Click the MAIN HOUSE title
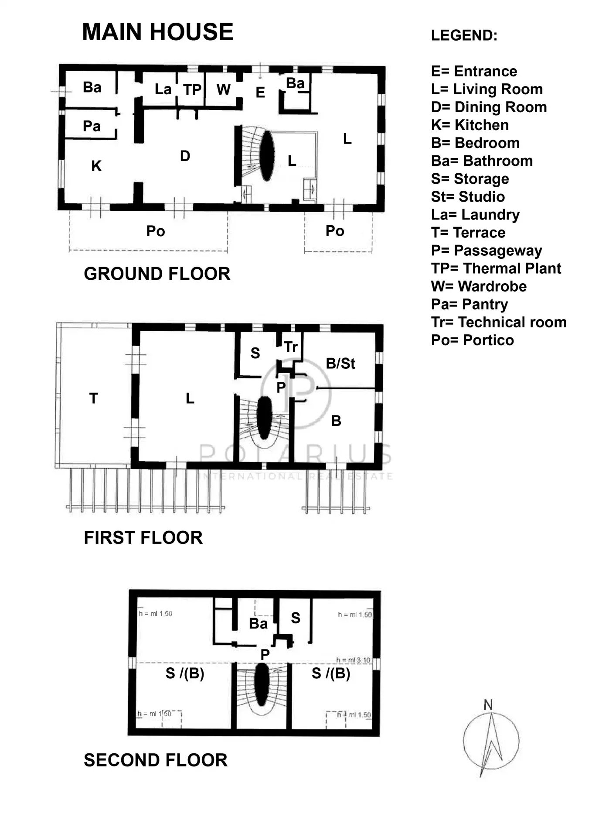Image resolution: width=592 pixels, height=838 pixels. [157, 32]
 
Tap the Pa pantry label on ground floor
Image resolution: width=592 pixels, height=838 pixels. [92, 126]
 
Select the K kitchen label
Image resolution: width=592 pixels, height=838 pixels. [96, 166]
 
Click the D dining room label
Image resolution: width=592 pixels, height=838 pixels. [185, 156]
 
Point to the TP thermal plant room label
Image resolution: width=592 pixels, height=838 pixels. [192, 89]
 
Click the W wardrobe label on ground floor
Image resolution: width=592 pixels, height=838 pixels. [223, 89]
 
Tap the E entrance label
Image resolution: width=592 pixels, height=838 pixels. [260, 93]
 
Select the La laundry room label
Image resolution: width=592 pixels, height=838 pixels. [163, 89]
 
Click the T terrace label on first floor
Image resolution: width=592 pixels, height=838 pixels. [94, 398]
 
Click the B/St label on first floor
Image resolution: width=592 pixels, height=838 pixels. [340, 363]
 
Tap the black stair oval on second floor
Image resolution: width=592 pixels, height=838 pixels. [262, 684]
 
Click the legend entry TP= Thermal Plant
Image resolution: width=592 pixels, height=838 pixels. [496, 268]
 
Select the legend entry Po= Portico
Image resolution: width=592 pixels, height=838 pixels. [472, 340]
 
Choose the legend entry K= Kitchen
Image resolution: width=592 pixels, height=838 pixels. [470, 125]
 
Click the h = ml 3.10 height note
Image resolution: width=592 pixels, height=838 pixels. [353, 660]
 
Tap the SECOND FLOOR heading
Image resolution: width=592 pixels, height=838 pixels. [155, 760]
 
